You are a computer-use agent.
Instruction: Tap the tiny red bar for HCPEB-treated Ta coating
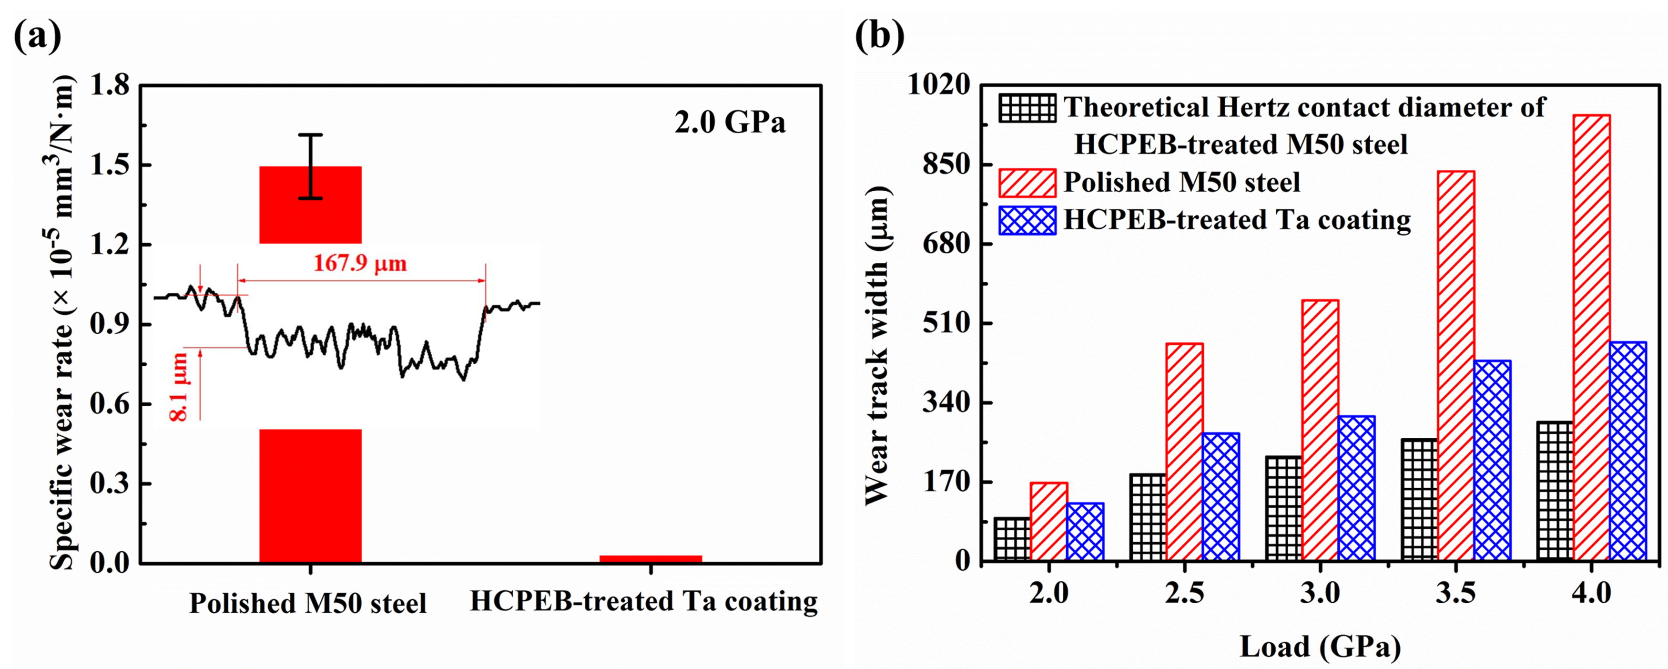pos(650,558)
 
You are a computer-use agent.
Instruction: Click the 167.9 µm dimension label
pos(360,264)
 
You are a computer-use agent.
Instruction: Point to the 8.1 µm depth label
pos(179,387)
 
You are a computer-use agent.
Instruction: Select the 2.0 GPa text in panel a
pos(730,123)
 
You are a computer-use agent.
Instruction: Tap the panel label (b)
pos(879,37)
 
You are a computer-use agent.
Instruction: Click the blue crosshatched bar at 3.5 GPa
pos(1492,460)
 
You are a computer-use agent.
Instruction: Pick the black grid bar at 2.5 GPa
pos(1148,517)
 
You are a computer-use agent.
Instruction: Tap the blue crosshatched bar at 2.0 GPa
pos(1085,531)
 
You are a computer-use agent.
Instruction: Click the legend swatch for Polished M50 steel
pos(1027,183)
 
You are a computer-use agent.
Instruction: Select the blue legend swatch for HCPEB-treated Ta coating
pos(1027,220)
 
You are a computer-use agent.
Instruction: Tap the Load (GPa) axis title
pos(1320,646)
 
